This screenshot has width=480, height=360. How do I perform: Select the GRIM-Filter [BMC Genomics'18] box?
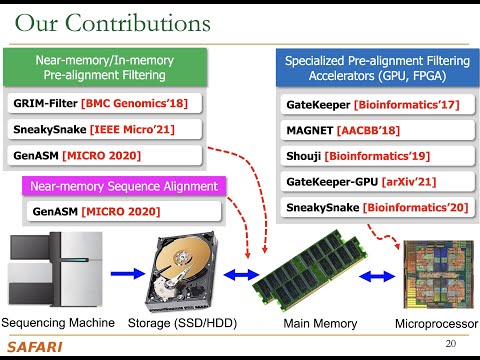click(105, 102)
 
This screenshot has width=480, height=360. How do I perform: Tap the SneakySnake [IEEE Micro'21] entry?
click(105, 129)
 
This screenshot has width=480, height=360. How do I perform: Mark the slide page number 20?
click(449, 344)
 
